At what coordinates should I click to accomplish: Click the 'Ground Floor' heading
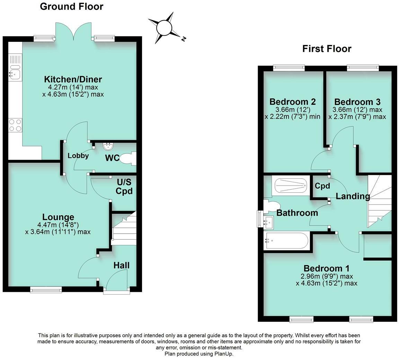[71, 6]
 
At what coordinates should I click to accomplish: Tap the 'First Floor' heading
[327, 49]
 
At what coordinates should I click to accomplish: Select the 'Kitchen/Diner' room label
[73, 79]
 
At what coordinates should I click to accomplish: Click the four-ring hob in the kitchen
[15, 125]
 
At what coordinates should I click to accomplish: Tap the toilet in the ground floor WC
[127, 159]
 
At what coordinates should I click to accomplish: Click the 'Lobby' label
[78, 156]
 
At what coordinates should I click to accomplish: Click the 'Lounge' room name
[58, 217]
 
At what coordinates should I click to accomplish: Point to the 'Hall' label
[122, 265]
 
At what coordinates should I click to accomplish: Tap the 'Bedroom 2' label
[292, 102]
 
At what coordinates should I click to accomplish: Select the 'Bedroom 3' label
[357, 102]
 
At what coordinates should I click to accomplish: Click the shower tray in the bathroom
[291, 186]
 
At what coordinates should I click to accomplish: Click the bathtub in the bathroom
[286, 241]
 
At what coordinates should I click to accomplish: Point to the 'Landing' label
[353, 197]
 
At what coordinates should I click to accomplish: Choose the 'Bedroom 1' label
[326, 268]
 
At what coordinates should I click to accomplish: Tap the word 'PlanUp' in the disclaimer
[223, 354]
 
